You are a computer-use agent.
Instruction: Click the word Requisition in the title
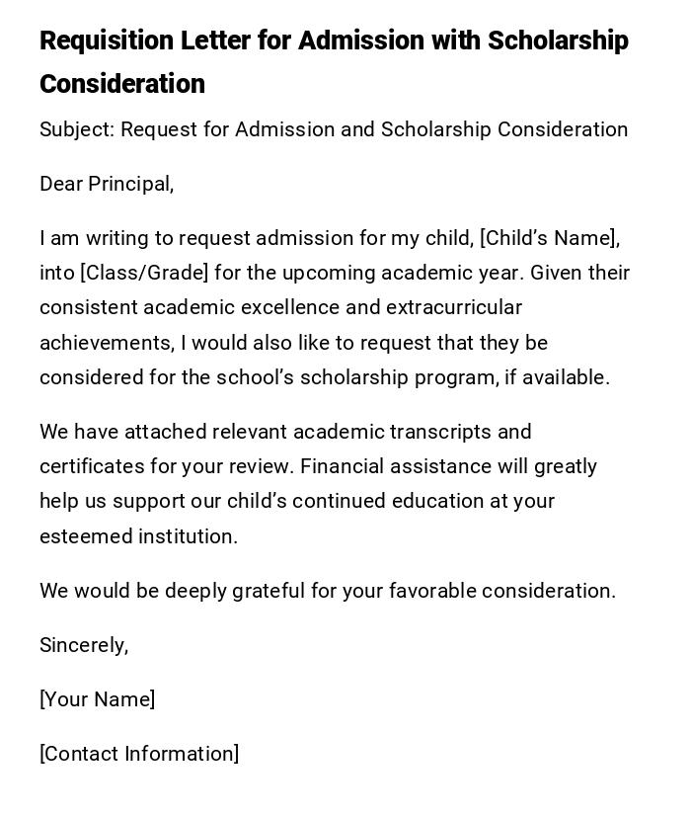click(107, 41)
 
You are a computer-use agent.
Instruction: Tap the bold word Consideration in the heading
click(122, 85)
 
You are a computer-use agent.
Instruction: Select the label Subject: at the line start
click(77, 130)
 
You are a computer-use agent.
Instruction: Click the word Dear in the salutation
click(61, 185)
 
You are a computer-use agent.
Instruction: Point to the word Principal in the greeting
click(129, 185)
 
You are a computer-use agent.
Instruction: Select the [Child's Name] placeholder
click(549, 239)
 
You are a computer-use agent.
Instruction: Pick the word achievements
click(106, 344)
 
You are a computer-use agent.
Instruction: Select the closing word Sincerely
click(83, 646)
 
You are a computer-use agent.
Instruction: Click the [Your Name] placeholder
click(97, 700)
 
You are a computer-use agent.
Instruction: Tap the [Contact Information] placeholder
click(139, 755)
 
